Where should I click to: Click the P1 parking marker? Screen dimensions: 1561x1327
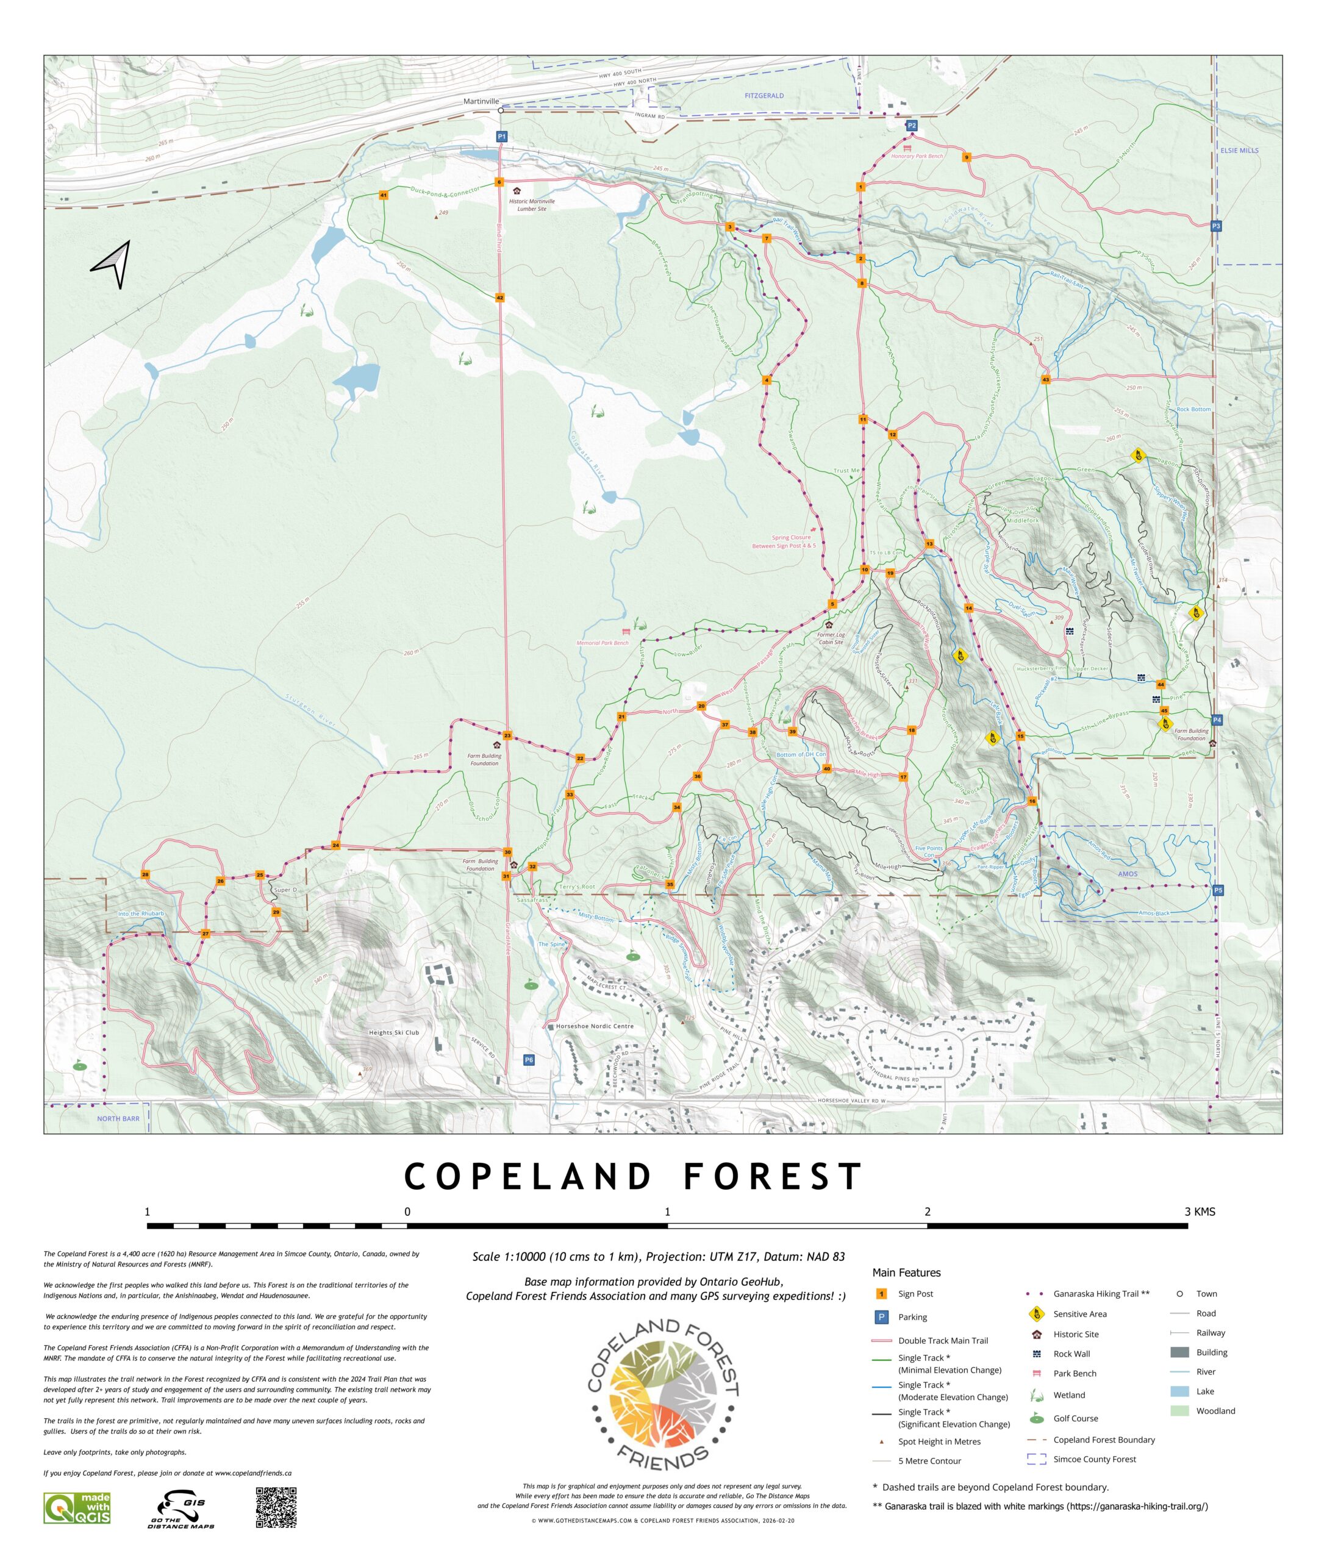(502, 136)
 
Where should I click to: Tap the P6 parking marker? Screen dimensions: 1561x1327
(529, 1060)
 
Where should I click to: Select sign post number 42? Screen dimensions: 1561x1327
(499, 298)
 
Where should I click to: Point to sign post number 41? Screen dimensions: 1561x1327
(384, 196)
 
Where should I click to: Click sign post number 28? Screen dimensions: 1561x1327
(145, 874)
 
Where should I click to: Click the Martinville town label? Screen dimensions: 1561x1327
(481, 101)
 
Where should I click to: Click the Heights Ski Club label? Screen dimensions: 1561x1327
(393, 1033)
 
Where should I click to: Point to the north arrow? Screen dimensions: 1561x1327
(113, 263)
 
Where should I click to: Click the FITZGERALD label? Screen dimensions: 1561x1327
(764, 96)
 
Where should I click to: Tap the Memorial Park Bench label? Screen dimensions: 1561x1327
(602, 643)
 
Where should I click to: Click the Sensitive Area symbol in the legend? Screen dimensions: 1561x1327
(1036, 1314)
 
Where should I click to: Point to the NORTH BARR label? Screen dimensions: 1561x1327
(118, 1119)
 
